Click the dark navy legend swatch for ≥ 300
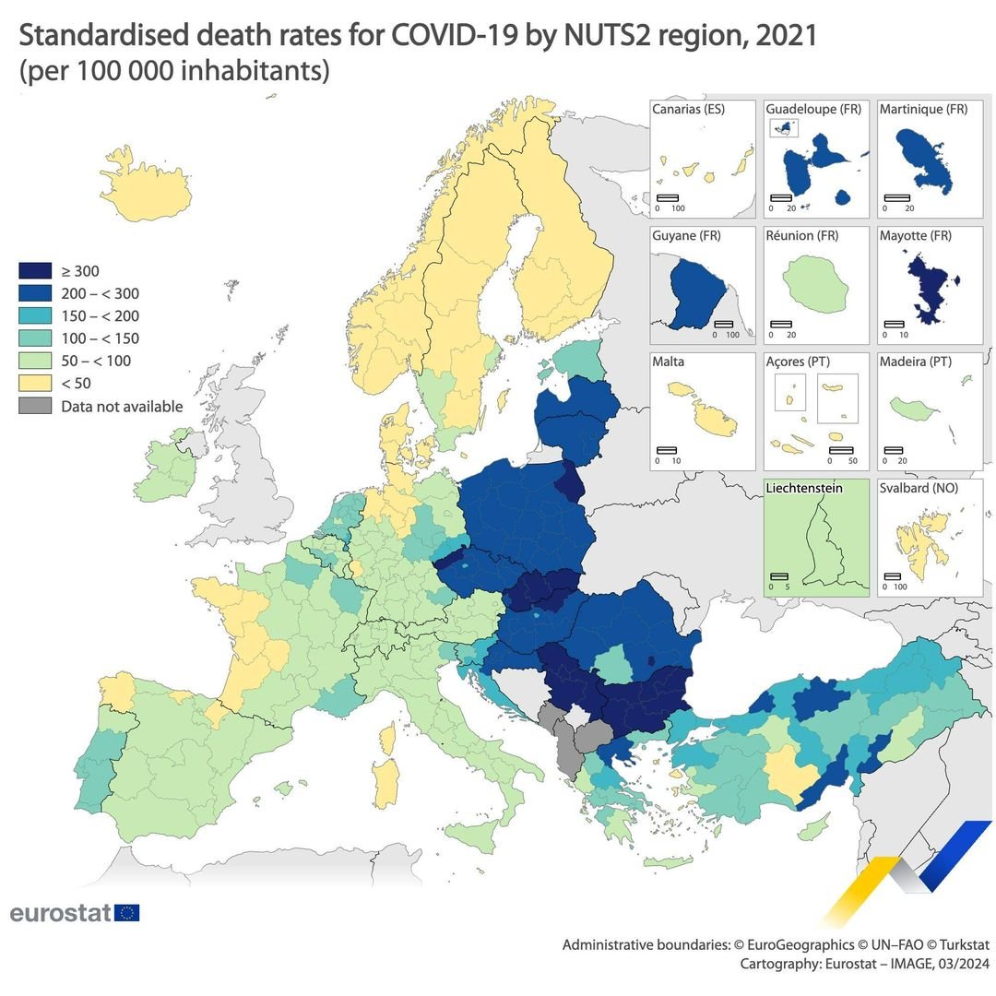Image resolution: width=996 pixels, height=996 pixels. (x=35, y=271)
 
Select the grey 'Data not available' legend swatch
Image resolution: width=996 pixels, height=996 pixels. (x=35, y=406)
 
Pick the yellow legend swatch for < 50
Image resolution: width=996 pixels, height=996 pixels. (x=35, y=384)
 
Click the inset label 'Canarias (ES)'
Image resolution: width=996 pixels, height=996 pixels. (x=688, y=109)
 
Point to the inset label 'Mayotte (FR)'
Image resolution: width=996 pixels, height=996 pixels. (x=915, y=235)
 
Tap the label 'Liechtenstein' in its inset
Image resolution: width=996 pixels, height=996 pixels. (x=803, y=488)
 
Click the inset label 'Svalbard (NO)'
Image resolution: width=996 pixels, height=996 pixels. (x=919, y=488)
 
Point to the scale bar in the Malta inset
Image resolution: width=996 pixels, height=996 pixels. (x=666, y=449)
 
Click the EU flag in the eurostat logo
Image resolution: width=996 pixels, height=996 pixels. (x=128, y=913)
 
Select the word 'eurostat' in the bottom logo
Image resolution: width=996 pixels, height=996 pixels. (x=61, y=913)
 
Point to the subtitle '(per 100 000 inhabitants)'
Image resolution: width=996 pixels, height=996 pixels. (x=174, y=71)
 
